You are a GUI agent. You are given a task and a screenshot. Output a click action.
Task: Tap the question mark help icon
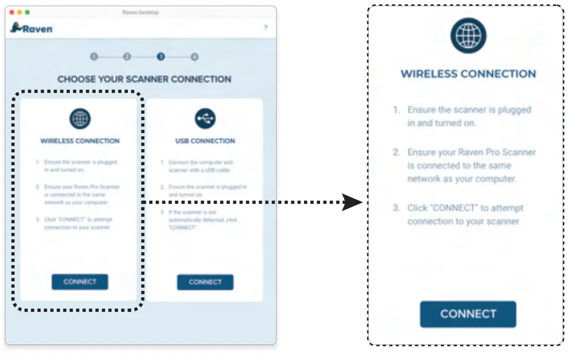pyautogui.click(x=265, y=28)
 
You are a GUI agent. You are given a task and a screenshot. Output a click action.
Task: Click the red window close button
pyautogui.click(x=12, y=12)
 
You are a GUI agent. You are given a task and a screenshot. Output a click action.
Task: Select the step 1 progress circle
pyautogui.click(x=94, y=57)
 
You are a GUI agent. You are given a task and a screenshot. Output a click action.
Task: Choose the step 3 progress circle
pyautogui.click(x=161, y=57)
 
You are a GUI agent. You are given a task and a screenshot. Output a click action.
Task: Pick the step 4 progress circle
pyautogui.click(x=194, y=57)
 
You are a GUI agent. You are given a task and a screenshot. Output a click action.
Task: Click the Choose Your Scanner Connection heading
pyautogui.click(x=144, y=79)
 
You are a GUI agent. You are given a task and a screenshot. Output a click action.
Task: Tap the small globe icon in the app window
pyautogui.click(x=80, y=118)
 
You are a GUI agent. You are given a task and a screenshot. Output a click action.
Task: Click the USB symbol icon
pyautogui.click(x=205, y=118)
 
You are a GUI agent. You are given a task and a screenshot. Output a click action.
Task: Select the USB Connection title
pyautogui.click(x=205, y=141)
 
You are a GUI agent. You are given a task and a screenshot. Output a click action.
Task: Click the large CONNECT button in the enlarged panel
pyautogui.click(x=468, y=314)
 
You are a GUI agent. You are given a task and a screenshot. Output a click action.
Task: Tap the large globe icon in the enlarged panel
pyautogui.click(x=468, y=36)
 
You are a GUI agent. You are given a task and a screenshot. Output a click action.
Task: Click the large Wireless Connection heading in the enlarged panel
pyautogui.click(x=468, y=74)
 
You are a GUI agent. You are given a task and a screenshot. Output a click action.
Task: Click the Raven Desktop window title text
pyautogui.click(x=140, y=12)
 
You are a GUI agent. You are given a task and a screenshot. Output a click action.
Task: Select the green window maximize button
pyautogui.click(x=27, y=12)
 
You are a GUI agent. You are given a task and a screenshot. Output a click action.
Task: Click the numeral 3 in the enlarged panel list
pyautogui.click(x=396, y=208)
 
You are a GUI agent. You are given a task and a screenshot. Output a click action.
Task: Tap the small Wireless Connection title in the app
pyautogui.click(x=80, y=141)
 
